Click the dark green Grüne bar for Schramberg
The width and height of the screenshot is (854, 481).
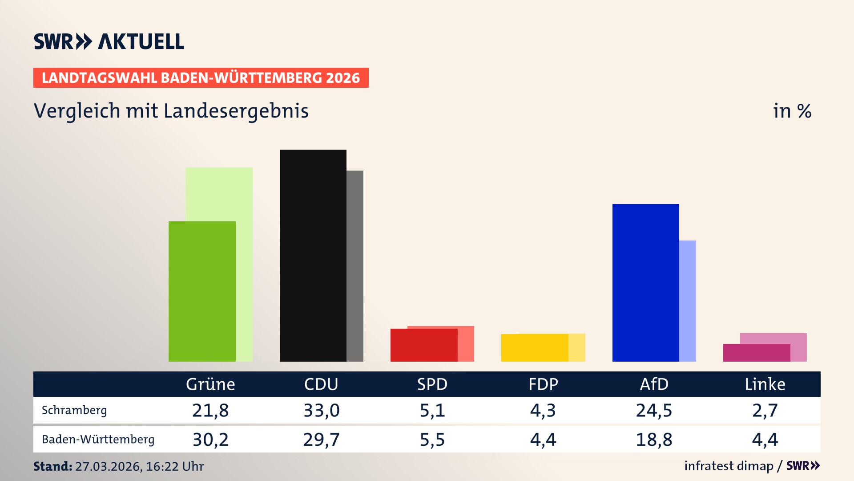tap(202, 291)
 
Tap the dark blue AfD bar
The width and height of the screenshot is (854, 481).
tap(645, 282)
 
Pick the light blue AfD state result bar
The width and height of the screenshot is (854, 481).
tap(688, 301)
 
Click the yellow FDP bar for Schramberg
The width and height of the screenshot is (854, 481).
tap(535, 347)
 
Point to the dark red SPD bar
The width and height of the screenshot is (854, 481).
tap(423, 345)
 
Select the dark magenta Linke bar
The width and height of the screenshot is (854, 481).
tap(756, 353)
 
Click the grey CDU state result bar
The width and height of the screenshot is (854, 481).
tap(355, 266)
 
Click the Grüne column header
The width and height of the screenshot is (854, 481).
tap(210, 384)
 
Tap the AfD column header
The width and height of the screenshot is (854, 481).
tap(654, 384)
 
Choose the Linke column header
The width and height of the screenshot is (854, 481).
tap(765, 384)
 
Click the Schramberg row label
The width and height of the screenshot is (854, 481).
tap(74, 410)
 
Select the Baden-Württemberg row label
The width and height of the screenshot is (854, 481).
tap(98, 440)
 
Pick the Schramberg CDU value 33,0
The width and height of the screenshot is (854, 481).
tap(321, 410)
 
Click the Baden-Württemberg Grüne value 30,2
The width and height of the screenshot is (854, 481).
tap(210, 440)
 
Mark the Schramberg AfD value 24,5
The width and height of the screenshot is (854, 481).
tap(654, 410)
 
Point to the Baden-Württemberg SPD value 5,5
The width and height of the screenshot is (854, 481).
tap(432, 440)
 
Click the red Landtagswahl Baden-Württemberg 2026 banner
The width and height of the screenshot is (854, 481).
tap(201, 78)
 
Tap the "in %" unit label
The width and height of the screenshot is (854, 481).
tap(792, 111)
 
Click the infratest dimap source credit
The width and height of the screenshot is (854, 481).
tap(729, 466)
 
